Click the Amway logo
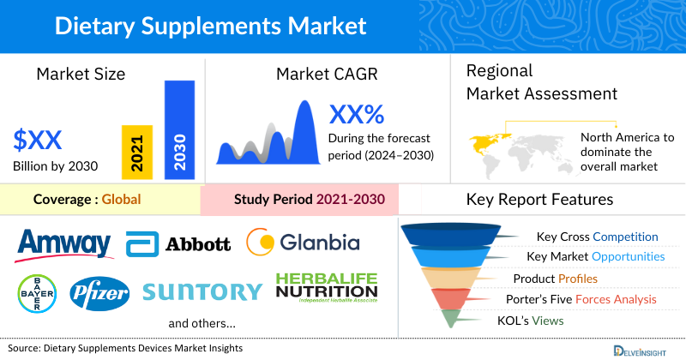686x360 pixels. point(64,244)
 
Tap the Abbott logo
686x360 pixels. point(178,244)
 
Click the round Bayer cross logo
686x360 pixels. point(33,292)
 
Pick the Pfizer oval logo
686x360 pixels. point(99,293)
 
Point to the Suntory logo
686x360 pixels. point(202,292)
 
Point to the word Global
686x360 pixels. point(121,201)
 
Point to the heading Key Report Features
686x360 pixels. point(539,200)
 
